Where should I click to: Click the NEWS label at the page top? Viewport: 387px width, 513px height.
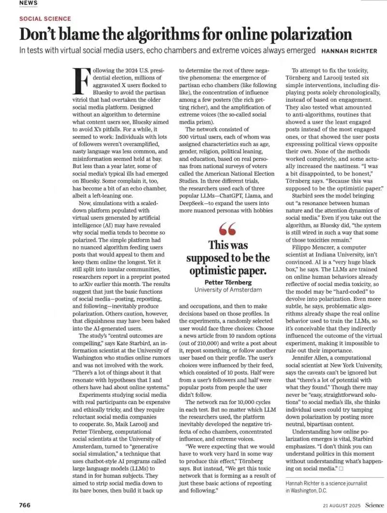click(28, 3)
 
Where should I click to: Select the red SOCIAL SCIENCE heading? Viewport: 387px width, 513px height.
click(45, 18)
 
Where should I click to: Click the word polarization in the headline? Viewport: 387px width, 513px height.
click(312, 34)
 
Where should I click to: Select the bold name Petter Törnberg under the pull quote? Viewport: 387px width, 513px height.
click(228, 282)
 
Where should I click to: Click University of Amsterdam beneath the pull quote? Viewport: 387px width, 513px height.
click(228, 290)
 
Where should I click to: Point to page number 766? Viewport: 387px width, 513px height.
click(25, 505)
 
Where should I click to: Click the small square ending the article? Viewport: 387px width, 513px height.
click(341, 468)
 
